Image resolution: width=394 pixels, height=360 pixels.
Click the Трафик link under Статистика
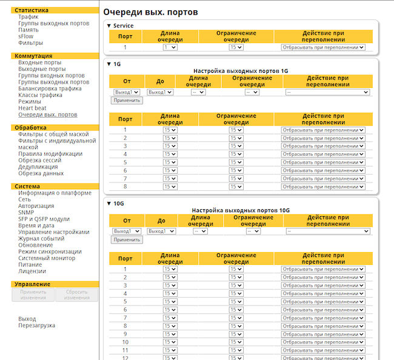pos(28,17)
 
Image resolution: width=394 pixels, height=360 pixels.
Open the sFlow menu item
pos(26,36)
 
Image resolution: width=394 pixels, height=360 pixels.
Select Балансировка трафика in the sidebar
pos(50,88)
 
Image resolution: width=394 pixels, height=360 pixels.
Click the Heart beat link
pos(32,108)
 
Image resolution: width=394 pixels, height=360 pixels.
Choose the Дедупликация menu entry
pos(38,167)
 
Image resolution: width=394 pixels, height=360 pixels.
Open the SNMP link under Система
pos(26,213)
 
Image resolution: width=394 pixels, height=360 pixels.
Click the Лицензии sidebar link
pos(32,271)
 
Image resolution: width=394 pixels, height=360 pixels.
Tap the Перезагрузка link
pos(36,325)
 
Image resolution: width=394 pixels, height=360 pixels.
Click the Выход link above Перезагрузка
pos(27,319)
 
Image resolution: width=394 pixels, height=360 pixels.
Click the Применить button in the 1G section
pos(127,101)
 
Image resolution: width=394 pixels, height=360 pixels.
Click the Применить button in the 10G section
pos(127,239)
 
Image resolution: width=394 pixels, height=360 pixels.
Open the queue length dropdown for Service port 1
pos(170,47)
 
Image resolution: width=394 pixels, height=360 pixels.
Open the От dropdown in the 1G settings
pos(127,92)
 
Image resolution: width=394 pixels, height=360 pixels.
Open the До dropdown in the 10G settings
pos(161,231)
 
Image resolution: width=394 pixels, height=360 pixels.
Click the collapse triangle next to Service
pos(109,25)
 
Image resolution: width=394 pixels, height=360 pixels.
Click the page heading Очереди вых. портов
pos(150,12)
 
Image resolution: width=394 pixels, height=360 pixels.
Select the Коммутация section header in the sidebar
pos(33,56)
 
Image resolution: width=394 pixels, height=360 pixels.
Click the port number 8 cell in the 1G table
pos(125,187)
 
